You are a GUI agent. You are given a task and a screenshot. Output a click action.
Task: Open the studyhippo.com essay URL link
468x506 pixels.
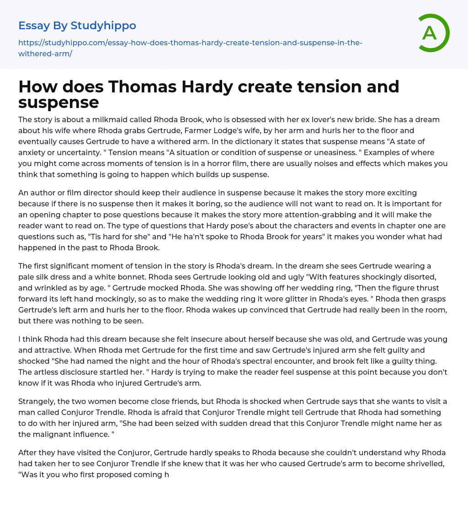pos(190,48)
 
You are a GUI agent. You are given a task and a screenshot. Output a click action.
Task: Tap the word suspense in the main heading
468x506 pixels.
pos(58,102)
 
